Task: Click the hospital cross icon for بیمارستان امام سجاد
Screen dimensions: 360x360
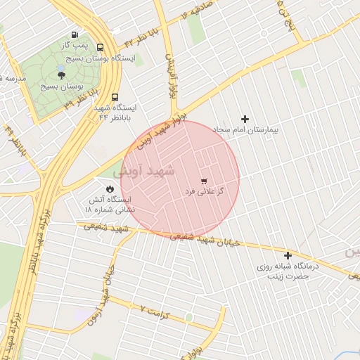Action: click(x=245, y=119)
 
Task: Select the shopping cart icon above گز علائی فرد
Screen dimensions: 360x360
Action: click(x=204, y=181)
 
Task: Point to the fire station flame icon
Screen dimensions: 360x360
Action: click(x=110, y=188)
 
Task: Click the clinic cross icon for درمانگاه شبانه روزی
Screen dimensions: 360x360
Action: click(x=288, y=255)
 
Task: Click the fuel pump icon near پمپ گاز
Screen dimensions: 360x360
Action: click(x=75, y=34)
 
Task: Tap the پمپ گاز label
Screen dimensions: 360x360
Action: click(x=74, y=44)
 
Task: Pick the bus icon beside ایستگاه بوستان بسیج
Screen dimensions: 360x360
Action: click(x=100, y=48)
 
